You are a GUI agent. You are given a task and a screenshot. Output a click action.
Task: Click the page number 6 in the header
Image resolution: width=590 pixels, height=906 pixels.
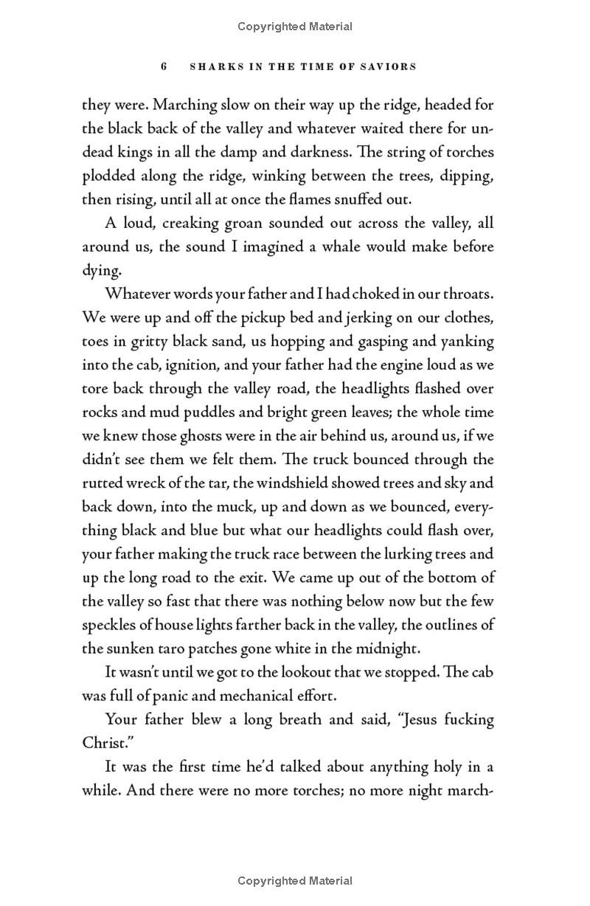coord(164,66)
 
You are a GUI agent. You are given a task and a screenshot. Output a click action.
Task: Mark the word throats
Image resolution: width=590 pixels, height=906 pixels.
coord(467,294)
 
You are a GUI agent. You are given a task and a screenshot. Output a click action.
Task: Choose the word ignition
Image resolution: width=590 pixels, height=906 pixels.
coord(176,364)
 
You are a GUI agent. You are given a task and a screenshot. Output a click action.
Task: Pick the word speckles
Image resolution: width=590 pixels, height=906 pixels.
coord(108,624)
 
